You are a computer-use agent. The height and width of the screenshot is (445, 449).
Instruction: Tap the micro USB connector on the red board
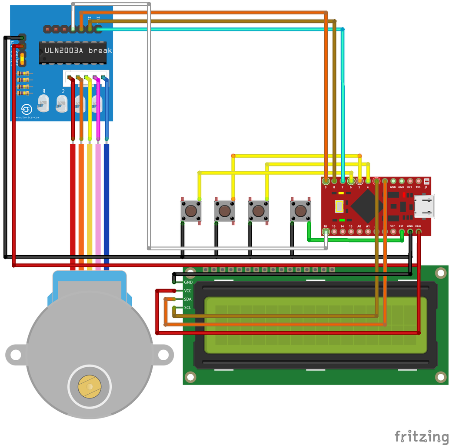pos(424,206)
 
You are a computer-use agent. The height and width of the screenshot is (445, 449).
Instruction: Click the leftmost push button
pos(191,211)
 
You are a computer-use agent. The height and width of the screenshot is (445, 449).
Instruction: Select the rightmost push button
pos(300,211)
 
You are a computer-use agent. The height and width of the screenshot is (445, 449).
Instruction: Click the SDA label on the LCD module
pos(188,299)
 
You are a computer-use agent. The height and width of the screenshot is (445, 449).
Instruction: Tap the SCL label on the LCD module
pos(188,308)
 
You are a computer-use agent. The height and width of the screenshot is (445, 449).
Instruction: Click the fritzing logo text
pos(421,436)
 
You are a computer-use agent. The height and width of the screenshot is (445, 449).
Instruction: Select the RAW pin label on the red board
pos(418,226)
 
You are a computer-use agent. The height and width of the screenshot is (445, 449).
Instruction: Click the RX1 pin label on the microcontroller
pos(410,187)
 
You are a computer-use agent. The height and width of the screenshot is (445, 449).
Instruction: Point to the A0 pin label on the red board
pos(359,226)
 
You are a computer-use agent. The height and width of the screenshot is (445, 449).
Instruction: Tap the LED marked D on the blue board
pos(43,103)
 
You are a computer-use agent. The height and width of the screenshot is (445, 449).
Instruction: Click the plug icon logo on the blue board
pos(27,109)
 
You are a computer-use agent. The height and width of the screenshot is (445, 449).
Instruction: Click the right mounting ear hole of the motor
pos(163,355)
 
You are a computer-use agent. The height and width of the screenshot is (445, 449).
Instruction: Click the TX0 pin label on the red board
pos(418,187)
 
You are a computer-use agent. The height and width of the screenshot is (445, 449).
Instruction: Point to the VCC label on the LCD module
pos(188,291)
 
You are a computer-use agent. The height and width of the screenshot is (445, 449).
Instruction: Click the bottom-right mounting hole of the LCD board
pos(441,377)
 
